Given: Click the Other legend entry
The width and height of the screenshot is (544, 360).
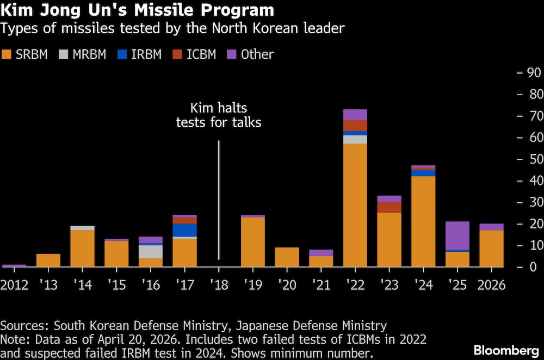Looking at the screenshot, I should tap(251, 54).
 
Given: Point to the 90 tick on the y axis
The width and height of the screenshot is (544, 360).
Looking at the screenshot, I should tap(530, 73).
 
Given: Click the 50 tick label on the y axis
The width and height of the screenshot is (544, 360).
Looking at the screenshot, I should tap(530, 159).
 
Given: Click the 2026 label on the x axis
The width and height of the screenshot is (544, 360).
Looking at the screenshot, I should tap(491, 284).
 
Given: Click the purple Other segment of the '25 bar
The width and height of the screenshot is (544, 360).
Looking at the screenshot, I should tap(457, 235).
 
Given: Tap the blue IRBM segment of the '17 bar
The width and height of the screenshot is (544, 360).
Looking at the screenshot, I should tap(184, 230).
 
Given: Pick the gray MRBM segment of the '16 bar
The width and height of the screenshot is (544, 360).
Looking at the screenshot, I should tap(151, 251).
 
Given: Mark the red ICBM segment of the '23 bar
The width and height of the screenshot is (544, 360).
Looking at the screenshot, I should tap(389, 207).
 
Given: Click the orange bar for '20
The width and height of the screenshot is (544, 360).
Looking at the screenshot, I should tap(287, 257).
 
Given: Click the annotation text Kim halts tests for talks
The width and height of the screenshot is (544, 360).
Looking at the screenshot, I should tap(219, 115).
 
